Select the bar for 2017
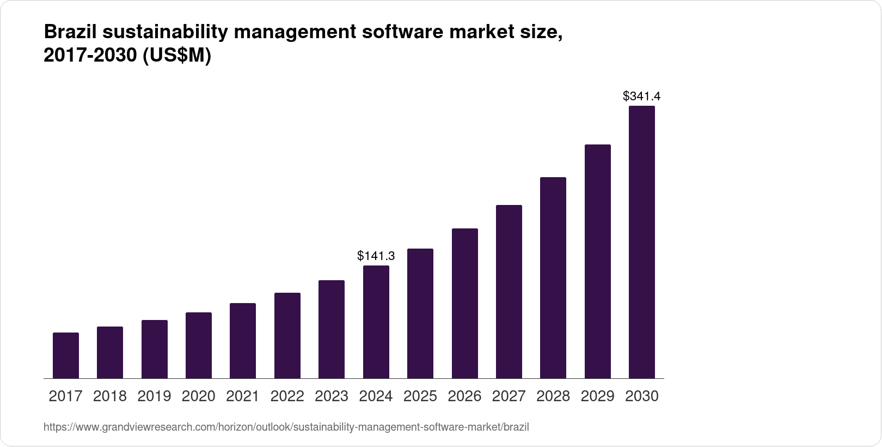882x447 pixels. (66, 355)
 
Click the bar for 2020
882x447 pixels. (199, 345)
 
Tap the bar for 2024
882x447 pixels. (376, 322)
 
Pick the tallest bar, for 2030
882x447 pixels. (642, 242)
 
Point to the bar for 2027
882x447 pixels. (509, 292)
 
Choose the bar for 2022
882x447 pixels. (287, 335)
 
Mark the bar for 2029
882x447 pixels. (598, 261)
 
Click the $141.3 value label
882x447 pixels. (376, 256)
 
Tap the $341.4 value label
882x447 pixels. (642, 96)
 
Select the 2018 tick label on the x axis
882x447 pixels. (110, 396)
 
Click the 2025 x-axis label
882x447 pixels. (420, 396)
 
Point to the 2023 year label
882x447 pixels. (332, 396)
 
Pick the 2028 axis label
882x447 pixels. (553, 396)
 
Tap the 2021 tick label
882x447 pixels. (243, 396)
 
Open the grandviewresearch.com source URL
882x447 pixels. (286, 427)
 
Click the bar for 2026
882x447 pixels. (465, 303)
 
